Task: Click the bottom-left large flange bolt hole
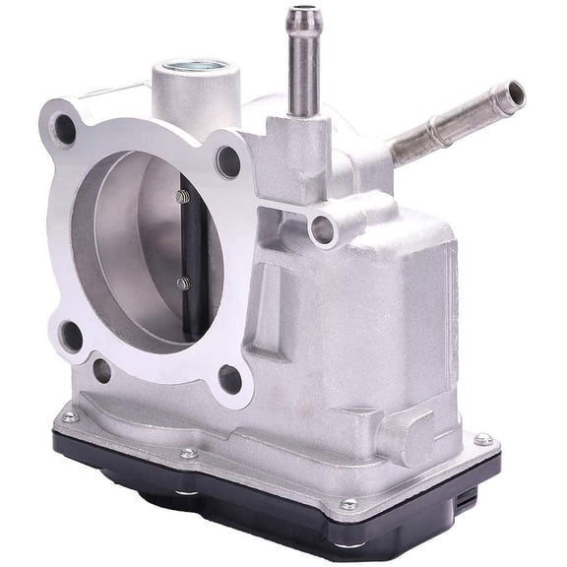click(72, 335)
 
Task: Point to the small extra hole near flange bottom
click(101, 371)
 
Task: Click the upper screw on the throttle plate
click(182, 197)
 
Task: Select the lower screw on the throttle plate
click(183, 283)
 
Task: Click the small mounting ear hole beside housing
click(321, 230)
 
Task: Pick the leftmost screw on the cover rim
click(69, 417)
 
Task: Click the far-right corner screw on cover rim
click(482, 439)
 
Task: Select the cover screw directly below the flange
click(188, 454)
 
